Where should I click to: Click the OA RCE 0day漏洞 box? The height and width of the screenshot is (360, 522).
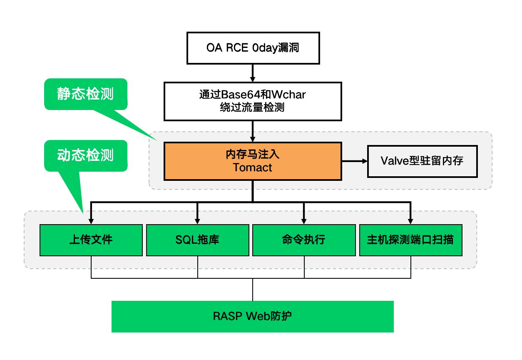(253, 48)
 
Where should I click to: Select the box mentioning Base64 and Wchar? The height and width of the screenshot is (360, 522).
(253, 101)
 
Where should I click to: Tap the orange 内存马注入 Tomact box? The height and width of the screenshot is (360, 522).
(253, 161)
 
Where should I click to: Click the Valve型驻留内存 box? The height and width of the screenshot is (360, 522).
(422, 161)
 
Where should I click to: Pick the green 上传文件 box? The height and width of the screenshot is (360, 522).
(91, 240)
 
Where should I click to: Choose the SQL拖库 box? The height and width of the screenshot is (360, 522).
(198, 240)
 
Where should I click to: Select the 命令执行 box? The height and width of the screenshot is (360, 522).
(304, 240)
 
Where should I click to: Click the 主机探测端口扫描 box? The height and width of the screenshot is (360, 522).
(410, 240)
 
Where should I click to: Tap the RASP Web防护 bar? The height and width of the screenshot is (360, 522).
(253, 316)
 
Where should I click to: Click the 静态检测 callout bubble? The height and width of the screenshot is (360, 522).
(86, 94)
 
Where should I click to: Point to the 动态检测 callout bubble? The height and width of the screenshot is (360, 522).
(86, 155)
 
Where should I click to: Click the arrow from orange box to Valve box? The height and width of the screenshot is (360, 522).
(354, 161)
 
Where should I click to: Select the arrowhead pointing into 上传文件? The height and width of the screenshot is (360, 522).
(91, 221)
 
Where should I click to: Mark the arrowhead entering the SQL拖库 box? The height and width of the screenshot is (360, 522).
(197, 221)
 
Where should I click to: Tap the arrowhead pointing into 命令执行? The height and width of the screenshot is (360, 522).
(304, 221)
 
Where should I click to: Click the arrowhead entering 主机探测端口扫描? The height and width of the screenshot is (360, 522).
(410, 221)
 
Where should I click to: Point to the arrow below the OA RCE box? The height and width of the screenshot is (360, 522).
(253, 73)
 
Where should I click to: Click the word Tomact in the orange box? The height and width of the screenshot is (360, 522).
(252, 167)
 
